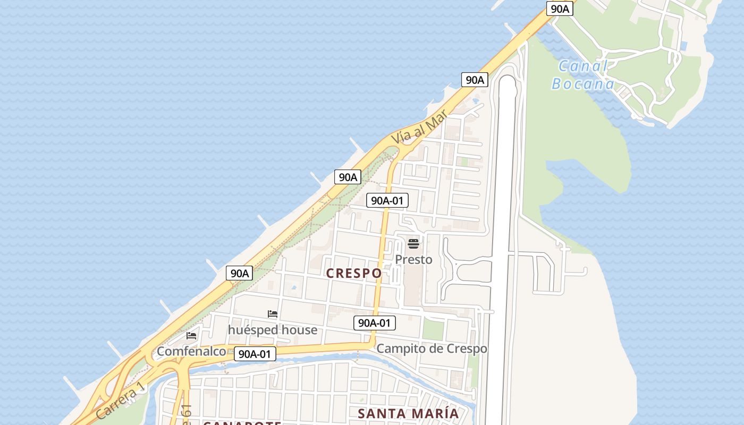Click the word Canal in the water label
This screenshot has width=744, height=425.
[583, 67]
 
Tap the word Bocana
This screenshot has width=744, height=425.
[583, 84]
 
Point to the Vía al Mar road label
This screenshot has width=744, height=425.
[419, 128]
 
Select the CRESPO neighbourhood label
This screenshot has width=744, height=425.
[353, 273]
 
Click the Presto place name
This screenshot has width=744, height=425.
[413, 260]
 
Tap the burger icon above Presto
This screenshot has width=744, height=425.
[413, 244]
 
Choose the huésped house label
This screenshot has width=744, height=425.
[273, 330]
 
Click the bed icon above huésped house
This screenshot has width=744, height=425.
[273, 314]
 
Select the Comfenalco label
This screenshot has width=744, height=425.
[191, 351]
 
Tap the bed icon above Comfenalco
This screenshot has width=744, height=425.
[191, 336]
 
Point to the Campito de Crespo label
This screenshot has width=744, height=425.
[432, 349]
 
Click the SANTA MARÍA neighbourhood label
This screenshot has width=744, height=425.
[408, 413]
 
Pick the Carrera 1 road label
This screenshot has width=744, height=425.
[121, 401]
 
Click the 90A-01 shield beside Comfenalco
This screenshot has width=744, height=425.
[255, 354]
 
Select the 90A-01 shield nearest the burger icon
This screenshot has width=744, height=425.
[387, 200]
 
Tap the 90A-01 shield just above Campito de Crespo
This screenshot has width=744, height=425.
[375, 322]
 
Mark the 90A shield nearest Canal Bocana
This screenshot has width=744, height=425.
[560, 8]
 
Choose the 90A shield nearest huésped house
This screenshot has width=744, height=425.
[240, 273]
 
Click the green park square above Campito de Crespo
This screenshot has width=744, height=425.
[433, 329]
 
